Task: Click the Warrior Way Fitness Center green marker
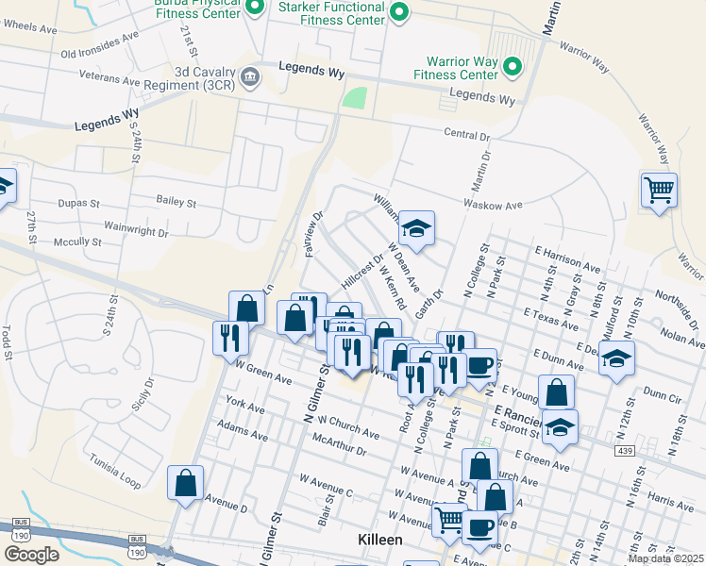(512, 66)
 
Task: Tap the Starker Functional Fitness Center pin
(398, 12)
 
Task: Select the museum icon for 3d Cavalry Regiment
(250, 76)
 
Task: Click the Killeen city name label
(380, 540)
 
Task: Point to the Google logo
(31, 555)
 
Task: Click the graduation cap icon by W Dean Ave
(415, 227)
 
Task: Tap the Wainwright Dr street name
(136, 231)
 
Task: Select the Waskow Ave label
(493, 205)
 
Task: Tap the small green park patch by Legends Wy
(354, 98)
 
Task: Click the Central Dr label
(468, 134)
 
